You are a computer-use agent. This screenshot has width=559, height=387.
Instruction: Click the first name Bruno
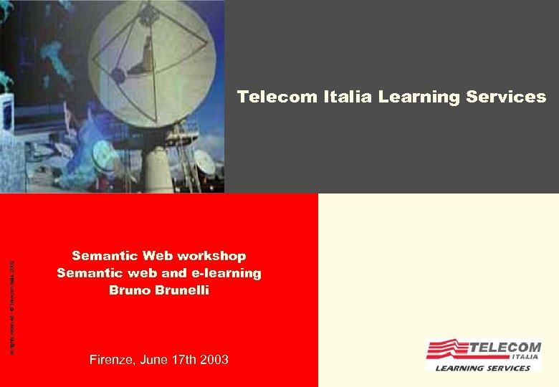click(132, 290)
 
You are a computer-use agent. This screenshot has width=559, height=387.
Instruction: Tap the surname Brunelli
click(183, 290)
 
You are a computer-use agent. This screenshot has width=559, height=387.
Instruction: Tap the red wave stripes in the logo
click(447, 349)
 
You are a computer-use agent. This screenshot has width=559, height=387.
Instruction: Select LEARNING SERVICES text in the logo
click(484, 368)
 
